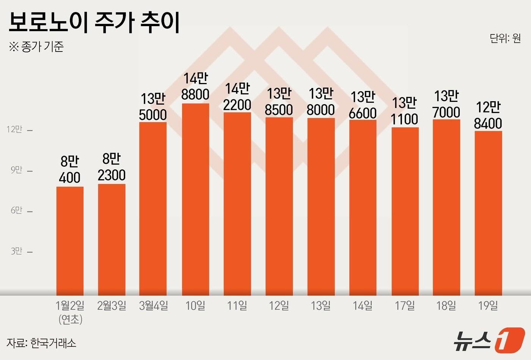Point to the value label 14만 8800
coord(195,86)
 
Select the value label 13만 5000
coord(153,107)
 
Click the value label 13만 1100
coord(404,111)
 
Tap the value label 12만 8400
coord(488,115)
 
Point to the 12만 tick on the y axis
coord(15,130)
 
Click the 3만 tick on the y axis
coord(16,251)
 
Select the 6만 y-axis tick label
coord(16,210)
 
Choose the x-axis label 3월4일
coord(153,305)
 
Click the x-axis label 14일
coord(363,305)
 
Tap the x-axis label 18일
coord(446,305)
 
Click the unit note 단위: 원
coord(505,38)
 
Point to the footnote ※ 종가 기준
coord(36,47)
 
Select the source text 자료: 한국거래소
coord(41,343)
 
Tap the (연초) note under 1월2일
coord(71,319)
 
